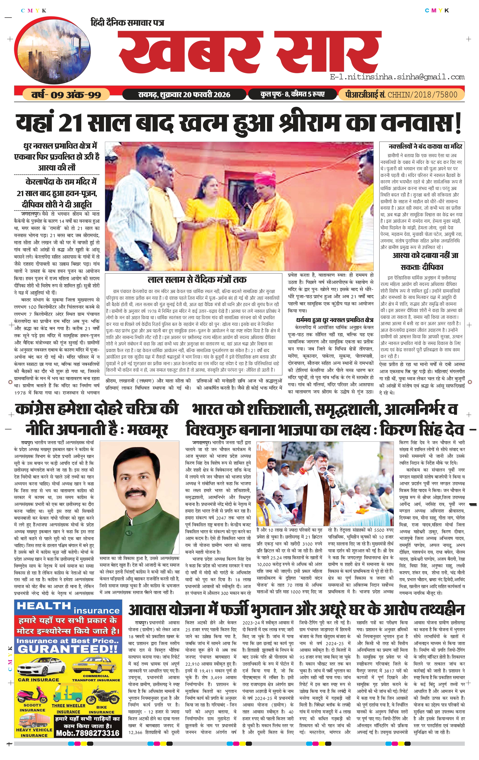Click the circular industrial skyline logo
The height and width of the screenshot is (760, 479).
[x=52, y=52]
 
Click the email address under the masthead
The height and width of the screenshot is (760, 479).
[x=397, y=77]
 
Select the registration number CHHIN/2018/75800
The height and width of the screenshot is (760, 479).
[x=422, y=94]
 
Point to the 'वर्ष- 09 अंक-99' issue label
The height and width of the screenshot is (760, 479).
[x=66, y=94]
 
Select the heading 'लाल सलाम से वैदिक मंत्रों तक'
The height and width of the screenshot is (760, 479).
[x=197, y=280]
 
